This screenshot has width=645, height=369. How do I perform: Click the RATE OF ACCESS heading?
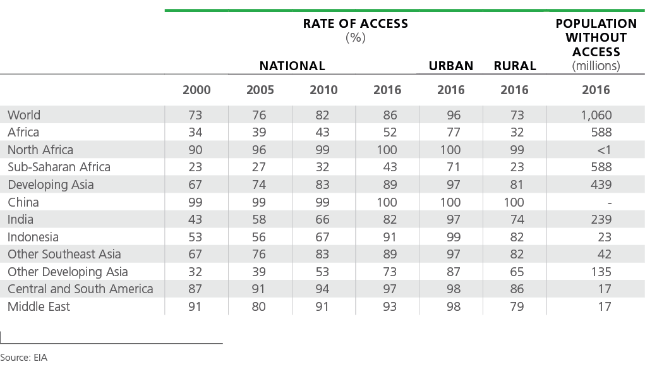(356, 23)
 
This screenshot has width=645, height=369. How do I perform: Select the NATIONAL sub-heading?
(292, 66)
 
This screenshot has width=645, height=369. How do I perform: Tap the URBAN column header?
(451, 66)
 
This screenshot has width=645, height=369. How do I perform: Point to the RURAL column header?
(515, 66)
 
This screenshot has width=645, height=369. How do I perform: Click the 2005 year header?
(260, 90)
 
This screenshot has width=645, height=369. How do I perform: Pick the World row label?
(24, 115)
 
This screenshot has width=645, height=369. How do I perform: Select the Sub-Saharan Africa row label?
(59, 167)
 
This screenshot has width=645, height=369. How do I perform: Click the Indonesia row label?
(33, 237)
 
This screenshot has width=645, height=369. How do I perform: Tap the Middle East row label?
(39, 306)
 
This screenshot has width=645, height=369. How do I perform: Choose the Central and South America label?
(80, 289)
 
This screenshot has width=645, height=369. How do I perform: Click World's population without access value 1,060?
(596, 115)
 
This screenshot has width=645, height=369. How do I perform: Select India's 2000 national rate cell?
(195, 219)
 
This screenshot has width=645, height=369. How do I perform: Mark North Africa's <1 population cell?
(604, 150)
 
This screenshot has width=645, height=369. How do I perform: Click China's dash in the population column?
(609, 203)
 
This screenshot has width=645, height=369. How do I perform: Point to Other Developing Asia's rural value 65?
(517, 272)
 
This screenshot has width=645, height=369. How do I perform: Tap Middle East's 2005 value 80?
(259, 306)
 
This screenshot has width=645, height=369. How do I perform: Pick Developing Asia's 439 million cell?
(601, 184)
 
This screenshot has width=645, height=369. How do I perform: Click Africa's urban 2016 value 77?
(454, 132)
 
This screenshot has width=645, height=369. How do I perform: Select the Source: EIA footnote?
(23, 358)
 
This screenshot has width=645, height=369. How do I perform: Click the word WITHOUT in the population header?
(596, 37)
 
